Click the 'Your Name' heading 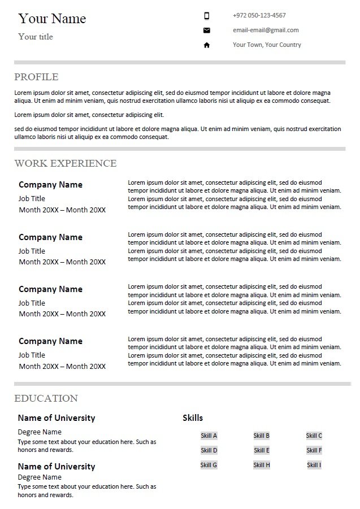pyautogui.click(x=52, y=19)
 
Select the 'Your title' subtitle pyautogui.click(x=36, y=37)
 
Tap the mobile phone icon pyautogui.click(x=207, y=16)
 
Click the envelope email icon pyautogui.click(x=207, y=31)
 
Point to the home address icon pyautogui.click(x=207, y=45)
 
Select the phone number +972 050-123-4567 pyautogui.click(x=259, y=15)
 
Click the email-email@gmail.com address pyautogui.click(x=266, y=30)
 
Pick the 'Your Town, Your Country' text pyautogui.click(x=267, y=45)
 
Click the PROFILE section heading pyautogui.click(x=36, y=77)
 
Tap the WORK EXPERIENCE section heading pyautogui.click(x=66, y=163)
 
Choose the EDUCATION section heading pyautogui.click(x=46, y=398)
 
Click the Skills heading pyautogui.click(x=193, y=418)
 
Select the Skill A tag pyautogui.click(x=209, y=436)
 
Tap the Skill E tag pyautogui.click(x=262, y=450)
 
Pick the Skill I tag pyautogui.click(x=314, y=465)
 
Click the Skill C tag pyautogui.click(x=314, y=436)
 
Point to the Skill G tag pyautogui.click(x=209, y=465)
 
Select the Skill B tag pyautogui.click(x=262, y=436)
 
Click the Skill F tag pyautogui.click(x=314, y=450)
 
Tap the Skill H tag pyautogui.click(x=262, y=465)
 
